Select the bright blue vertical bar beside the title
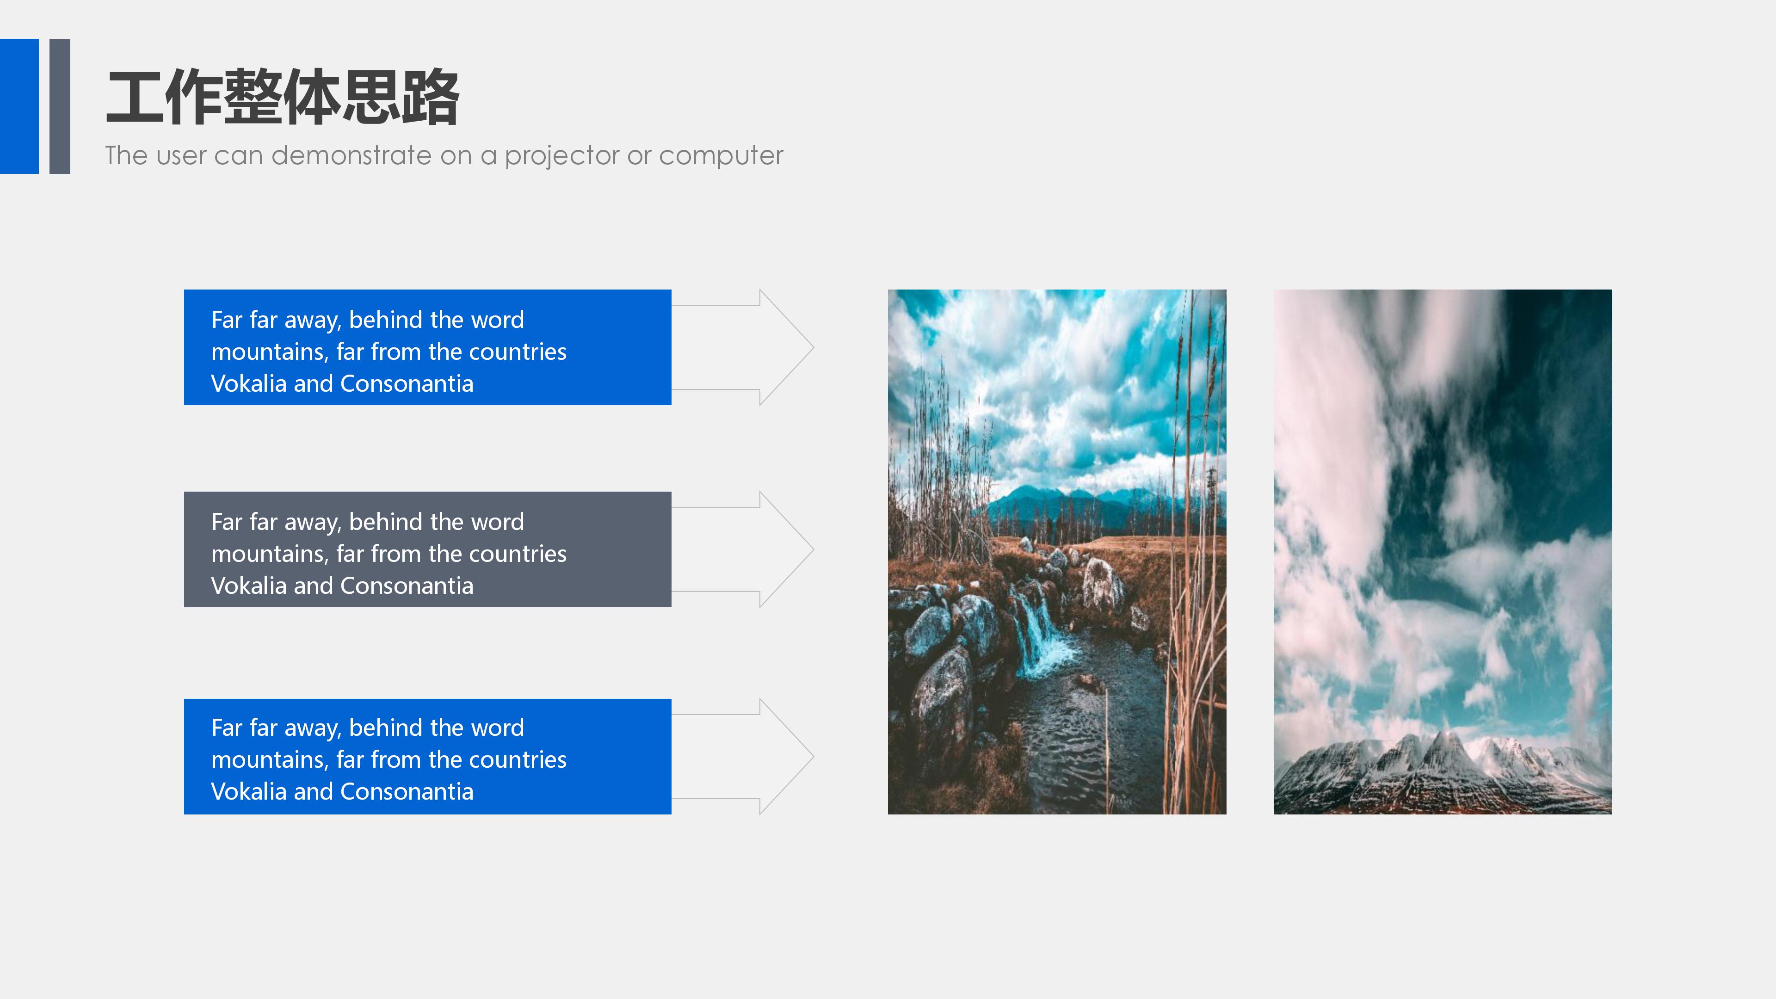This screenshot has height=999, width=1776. (x=19, y=106)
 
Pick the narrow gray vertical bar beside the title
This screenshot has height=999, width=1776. (x=60, y=106)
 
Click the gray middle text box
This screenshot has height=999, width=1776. (x=427, y=549)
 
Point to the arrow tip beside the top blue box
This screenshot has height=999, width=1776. (x=814, y=347)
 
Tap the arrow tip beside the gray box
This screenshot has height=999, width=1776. (x=814, y=549)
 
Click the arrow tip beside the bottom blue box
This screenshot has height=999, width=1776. (x=814, y=756)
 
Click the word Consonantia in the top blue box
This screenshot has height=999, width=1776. (x=407, y=384)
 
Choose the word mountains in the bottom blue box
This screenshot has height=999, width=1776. (x=270, y=760)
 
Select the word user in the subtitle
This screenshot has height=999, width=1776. (x=181, y=156)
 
